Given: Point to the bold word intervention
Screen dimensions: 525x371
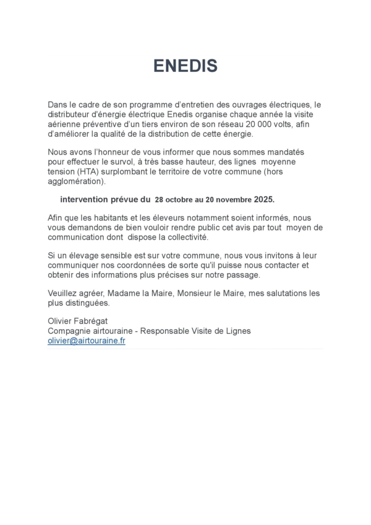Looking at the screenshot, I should pyautogui.click(x=85, y=200).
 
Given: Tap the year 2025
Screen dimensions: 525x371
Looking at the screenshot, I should pyautogui.click(x=263, y=200).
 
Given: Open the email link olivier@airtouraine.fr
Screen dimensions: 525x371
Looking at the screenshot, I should pyautogui.click(x=87, y=341).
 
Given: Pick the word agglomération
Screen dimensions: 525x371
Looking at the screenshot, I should pyautogui.click(x=76, y=181).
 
